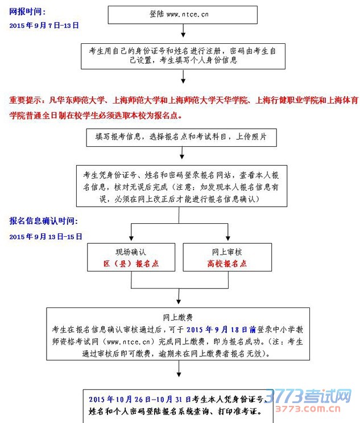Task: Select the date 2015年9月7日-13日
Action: click(x=44, y=26)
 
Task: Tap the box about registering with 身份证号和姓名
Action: click(x=183, y=56)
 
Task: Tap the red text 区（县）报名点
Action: click(x=131, y=264)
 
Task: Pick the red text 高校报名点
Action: click(x=227, y=264)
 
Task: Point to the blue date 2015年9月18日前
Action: click(x=222, y=329)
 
